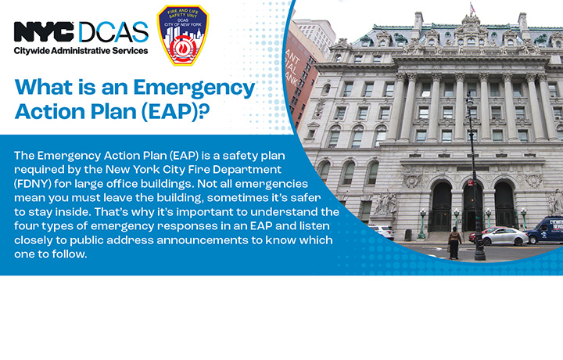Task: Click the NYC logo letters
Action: (44, 32)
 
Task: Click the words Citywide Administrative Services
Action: (81, 51)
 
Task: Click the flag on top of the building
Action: (471, 9)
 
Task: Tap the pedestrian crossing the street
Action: (454, 243)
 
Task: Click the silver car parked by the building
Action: (504, 236)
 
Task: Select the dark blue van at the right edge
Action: (546, 230)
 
